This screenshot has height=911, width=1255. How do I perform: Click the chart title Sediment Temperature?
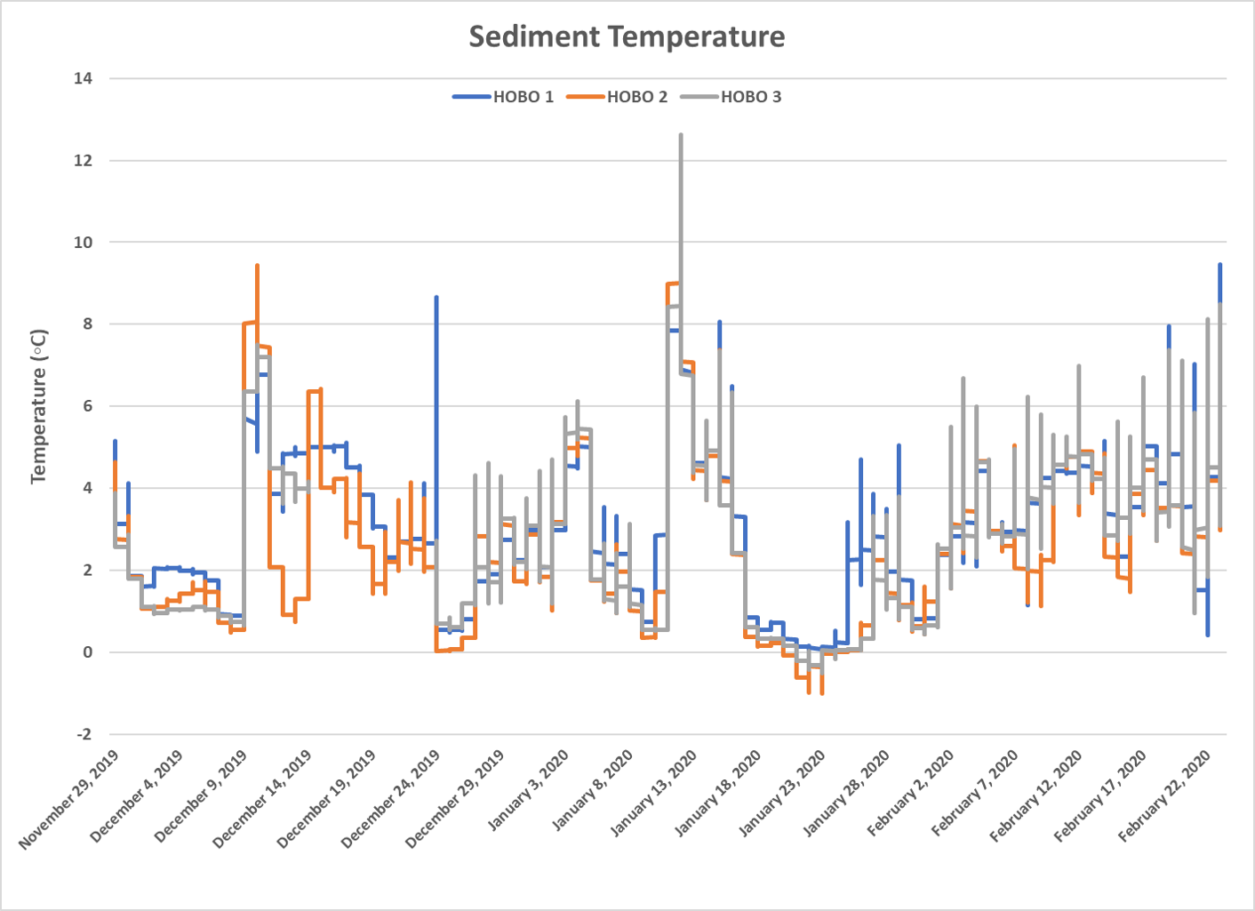(627, 36)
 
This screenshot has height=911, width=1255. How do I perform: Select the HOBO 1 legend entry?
(523, 97)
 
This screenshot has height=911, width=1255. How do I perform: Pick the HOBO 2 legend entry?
(636, 97)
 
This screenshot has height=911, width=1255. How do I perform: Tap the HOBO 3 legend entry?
(750, 97)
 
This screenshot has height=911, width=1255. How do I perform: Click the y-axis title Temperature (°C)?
(38, 406)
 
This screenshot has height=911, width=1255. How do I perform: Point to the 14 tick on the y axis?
(83, 78)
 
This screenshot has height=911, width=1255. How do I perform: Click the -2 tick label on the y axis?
(84, 734)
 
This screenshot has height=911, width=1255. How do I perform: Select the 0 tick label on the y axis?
(87, 652)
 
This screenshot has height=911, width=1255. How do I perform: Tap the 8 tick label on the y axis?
(87, 324)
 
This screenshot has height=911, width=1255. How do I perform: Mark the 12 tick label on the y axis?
(83, 161)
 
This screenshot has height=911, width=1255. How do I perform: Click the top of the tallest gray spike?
(681, 135)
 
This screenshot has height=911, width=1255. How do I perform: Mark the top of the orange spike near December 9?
(257, 265)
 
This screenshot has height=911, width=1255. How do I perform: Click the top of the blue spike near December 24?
(436, 297)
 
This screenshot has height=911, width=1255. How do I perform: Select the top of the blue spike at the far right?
(1219, 264)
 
